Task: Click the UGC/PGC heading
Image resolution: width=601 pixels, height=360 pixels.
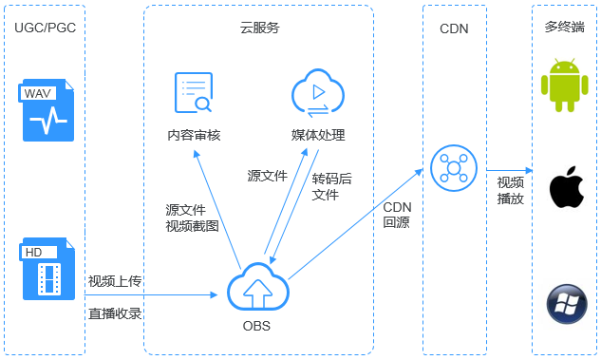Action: pos(46,28)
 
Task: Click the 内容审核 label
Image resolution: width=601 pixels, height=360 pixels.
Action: pos(194,135)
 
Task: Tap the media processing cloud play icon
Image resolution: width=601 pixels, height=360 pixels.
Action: pos(317,93)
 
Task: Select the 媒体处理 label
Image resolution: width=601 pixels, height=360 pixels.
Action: pos(318,135)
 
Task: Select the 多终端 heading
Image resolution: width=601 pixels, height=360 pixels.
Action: pos(565,28)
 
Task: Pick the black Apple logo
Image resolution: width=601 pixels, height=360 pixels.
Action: pos(565,186)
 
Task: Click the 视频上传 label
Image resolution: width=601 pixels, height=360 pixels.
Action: pos(115,281)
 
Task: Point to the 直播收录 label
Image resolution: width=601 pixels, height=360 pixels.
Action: pos(115,313)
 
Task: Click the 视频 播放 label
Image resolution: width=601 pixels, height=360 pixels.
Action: pos(511,190)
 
